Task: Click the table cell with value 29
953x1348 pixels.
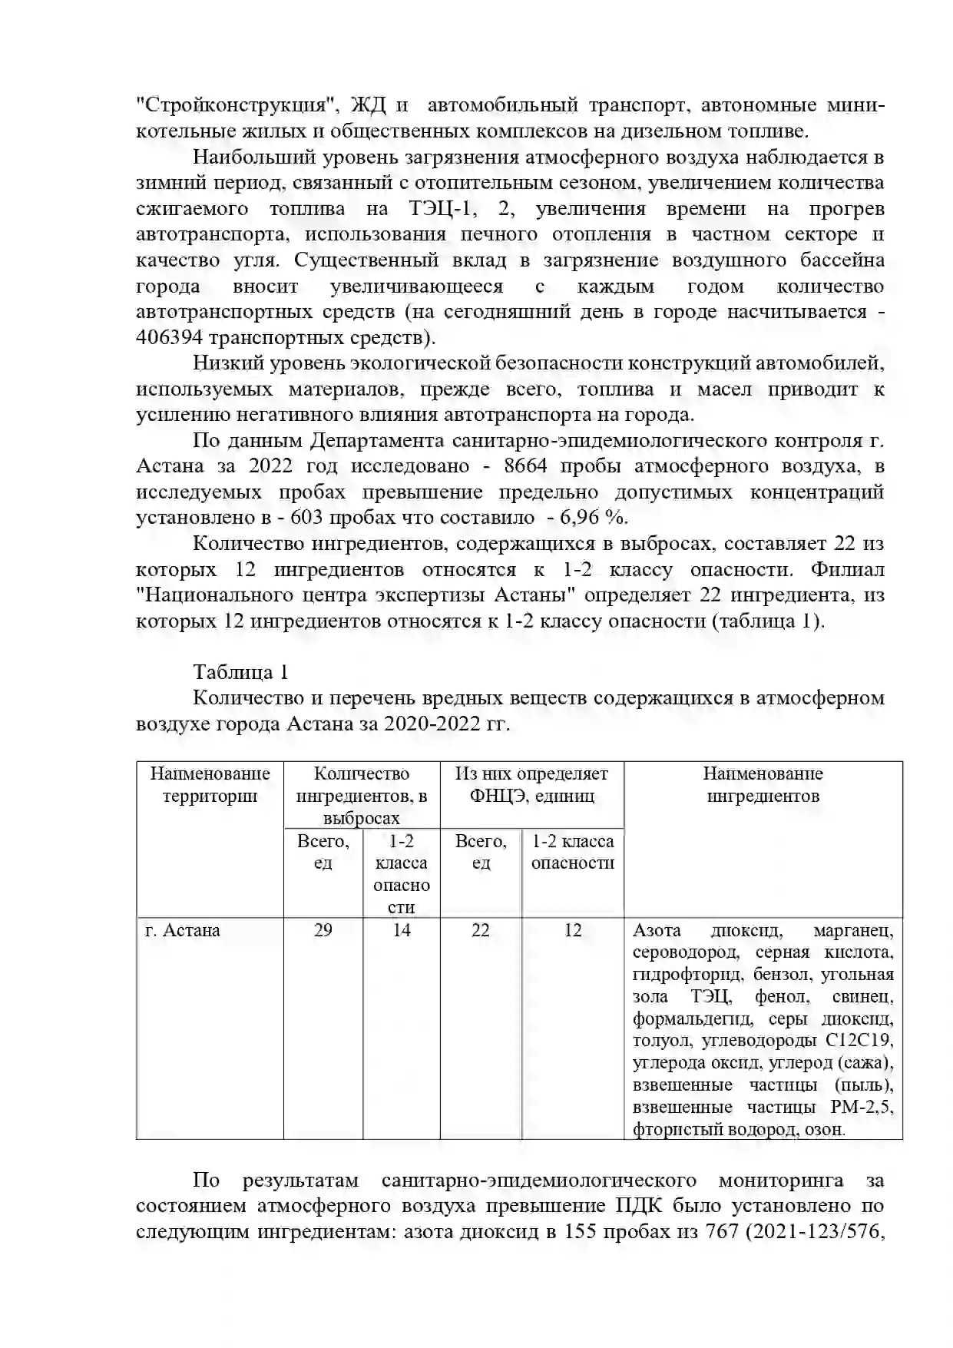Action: (323, 930)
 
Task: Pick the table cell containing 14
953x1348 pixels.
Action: (402, 930)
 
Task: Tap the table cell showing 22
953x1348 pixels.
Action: (481, 930)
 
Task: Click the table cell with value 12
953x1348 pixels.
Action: (573, 930)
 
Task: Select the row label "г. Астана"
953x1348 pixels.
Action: (183, 930)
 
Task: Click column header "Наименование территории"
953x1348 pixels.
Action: (210, 784)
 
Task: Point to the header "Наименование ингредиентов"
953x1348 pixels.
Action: (763, 784)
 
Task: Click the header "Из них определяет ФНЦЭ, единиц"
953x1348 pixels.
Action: (531, 784)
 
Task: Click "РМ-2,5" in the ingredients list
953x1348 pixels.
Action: (862, 1108)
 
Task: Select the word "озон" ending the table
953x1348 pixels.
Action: (826, 1130)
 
